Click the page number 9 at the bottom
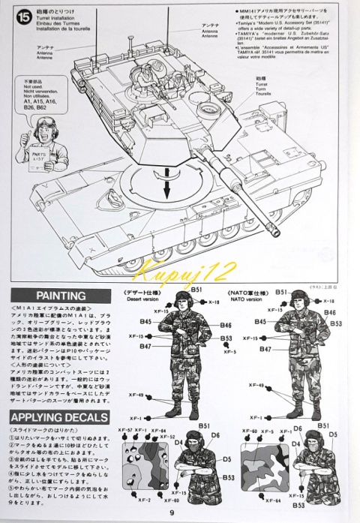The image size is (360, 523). (181, 512)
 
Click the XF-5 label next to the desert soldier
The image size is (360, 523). (229, 352)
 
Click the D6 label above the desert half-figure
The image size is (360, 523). (214, 435)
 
